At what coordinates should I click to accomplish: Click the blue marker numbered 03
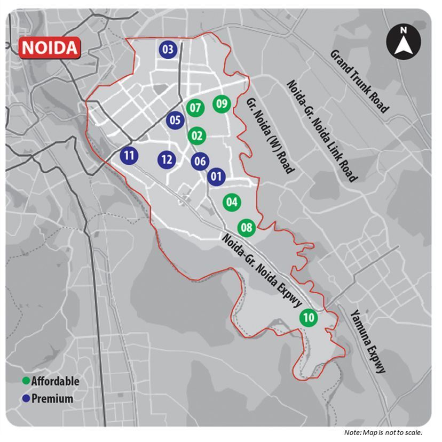tap(167, 50)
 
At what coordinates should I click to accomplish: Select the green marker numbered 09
tap(222, 103)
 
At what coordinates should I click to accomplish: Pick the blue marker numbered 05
tap(175, 120)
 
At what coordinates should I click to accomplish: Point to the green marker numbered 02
tap(196, 136)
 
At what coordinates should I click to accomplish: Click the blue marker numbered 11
tap(129, 156)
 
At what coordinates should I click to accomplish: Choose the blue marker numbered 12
tap(167, 159)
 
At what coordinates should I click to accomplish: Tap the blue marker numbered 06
tap(200, 160)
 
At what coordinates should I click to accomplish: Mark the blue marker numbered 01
tap(216, 176)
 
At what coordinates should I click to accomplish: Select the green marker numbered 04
tap(231, 202)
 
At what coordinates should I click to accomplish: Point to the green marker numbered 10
tap(308, 318)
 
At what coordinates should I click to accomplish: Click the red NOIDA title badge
tap(50, 48)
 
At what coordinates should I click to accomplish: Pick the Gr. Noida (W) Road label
tap(270, 135)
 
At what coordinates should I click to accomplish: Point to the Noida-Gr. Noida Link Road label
tap(321, 131)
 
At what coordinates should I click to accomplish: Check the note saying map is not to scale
tap(383, 432)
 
